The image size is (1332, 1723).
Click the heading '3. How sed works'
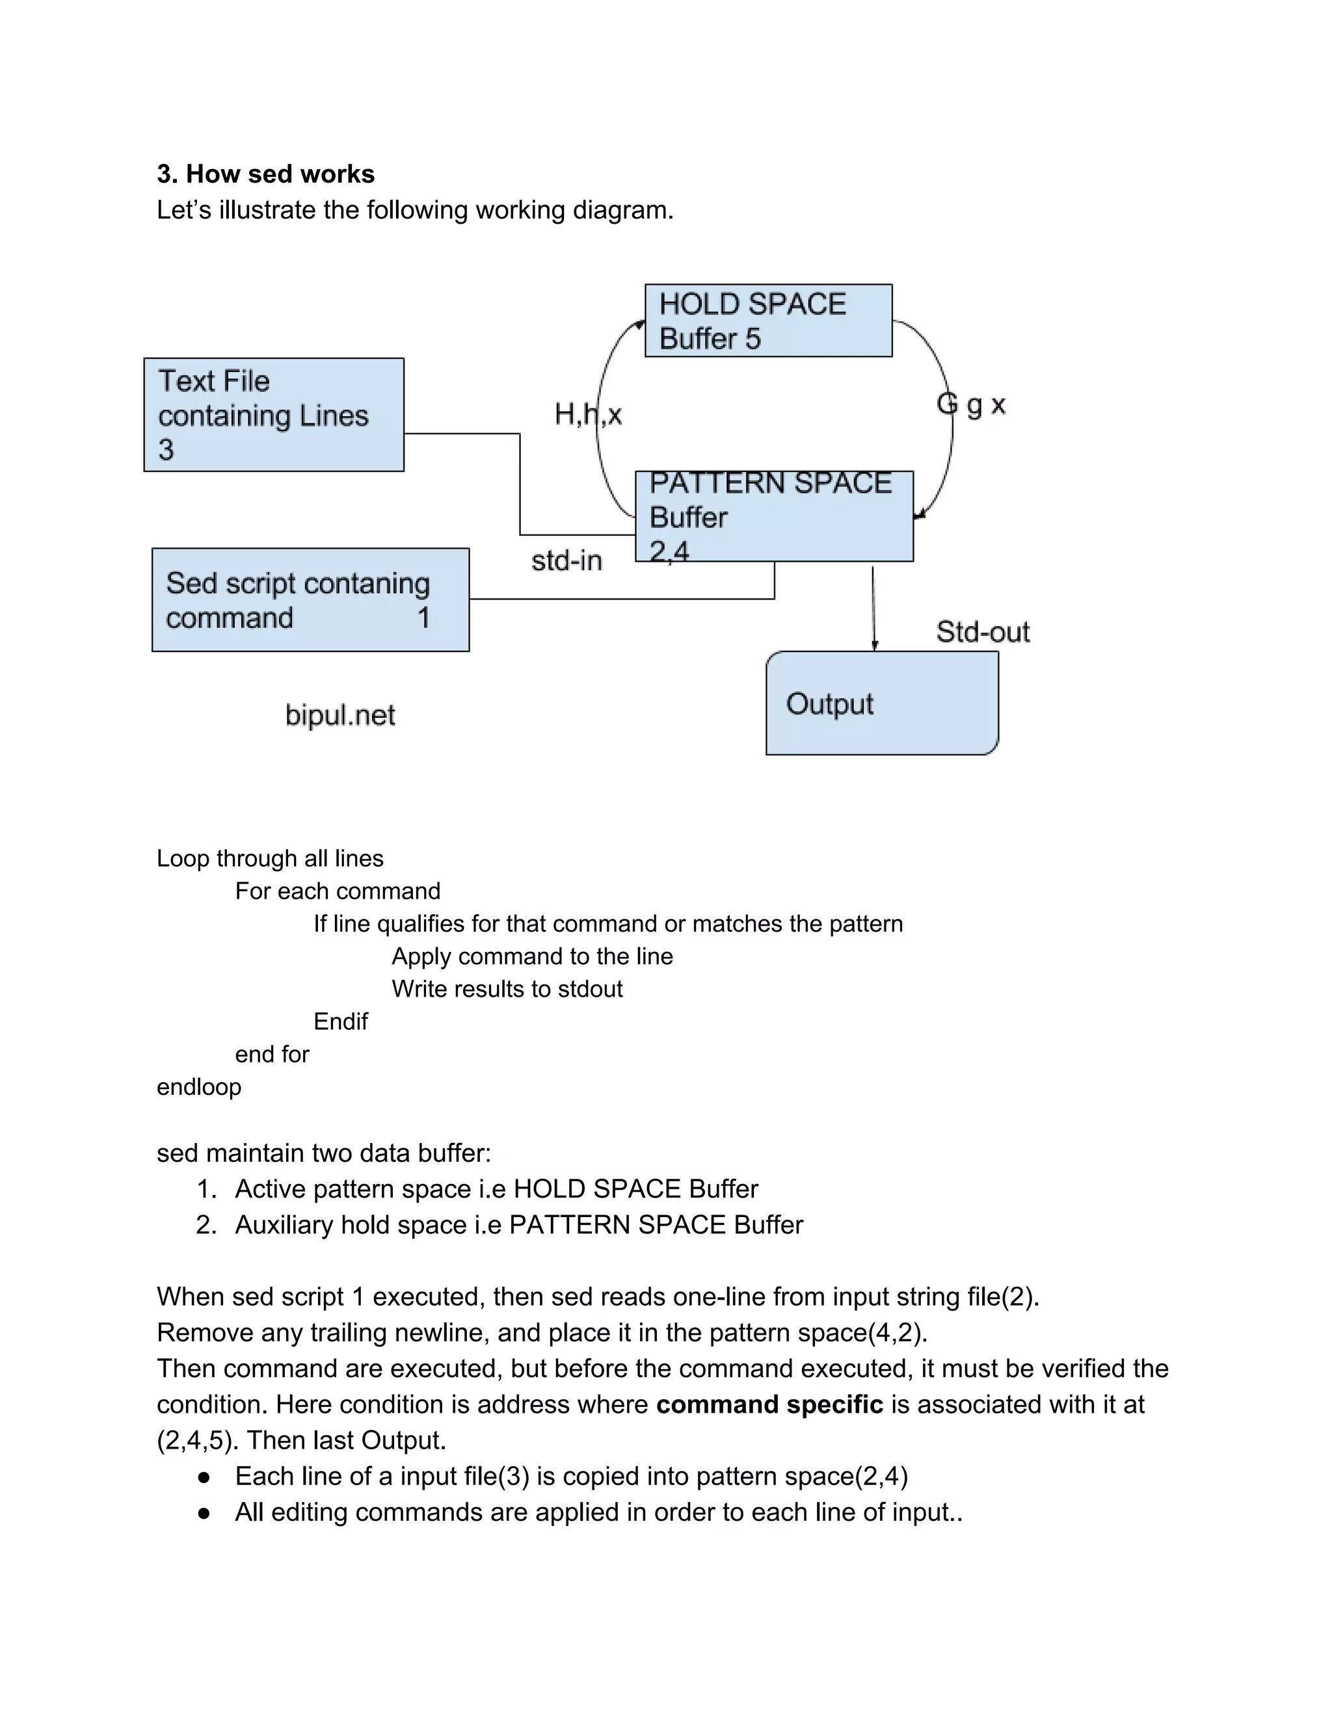265,174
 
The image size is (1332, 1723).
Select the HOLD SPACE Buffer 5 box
768,321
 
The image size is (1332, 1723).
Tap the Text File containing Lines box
273,415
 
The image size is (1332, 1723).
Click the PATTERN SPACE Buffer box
773,517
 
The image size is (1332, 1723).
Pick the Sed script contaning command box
310,600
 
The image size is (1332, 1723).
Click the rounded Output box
881,703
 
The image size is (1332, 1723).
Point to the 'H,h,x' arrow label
588,414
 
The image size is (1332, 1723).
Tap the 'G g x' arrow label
970,404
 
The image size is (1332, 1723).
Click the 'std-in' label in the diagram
566,561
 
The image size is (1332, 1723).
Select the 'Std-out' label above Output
983,632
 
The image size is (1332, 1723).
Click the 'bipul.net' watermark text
340,715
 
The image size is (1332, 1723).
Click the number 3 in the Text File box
166,450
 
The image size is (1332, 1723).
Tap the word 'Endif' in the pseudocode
340,1021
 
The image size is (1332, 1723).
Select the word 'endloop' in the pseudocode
199,1087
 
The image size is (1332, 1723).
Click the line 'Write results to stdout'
507,990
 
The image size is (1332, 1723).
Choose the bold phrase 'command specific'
769,1405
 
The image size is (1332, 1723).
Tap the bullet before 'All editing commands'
204,1513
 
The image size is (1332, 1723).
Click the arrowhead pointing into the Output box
874,646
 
